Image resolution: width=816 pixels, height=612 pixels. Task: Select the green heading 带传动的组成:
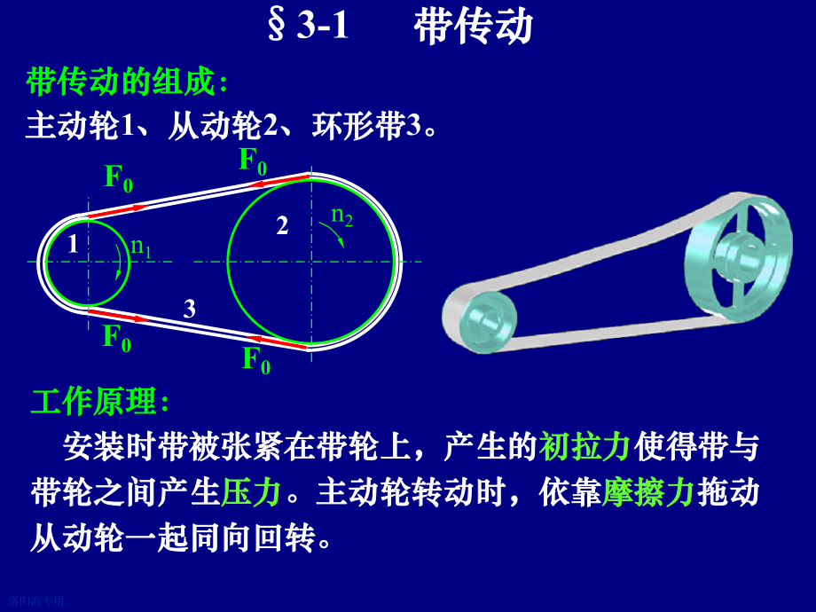[128, 84]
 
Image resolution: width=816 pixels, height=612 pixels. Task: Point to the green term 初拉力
[585, 447]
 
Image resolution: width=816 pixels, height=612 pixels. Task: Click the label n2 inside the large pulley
[341, 215]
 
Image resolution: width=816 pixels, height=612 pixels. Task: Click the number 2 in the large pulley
[282, 226]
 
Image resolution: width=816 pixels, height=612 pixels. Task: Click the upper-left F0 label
[119, 178]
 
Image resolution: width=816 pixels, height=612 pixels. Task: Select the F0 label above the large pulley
[253, 161]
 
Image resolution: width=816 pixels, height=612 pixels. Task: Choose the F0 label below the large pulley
[256, 359]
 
